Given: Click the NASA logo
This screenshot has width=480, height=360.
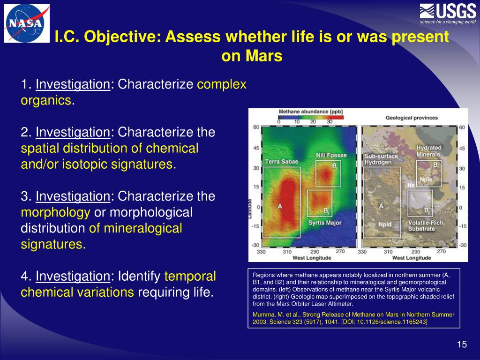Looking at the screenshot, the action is pyautogui.click(x=27, y=23).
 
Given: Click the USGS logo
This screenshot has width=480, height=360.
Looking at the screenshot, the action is pyautogui.click(x=448, y=14).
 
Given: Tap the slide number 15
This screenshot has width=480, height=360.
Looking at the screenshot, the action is pyautogui.click(x=462, y=345).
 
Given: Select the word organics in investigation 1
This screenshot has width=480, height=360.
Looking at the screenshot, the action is pyautogui.click(x=46, y=100).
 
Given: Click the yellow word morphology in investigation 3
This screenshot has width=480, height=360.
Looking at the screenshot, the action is pyautogui.click(x=55, y=212).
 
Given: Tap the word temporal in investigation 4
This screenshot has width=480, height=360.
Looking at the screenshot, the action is pyautogui.click(x=190, y=276).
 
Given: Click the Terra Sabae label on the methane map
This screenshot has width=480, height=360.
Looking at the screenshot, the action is pyautogui.click(x=282, y=162).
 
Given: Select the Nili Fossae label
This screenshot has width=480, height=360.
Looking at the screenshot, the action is pyautogui.click(x=331, y=155).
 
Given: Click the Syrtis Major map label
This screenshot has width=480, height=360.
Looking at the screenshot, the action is pyautogui.click(x=325, y=223).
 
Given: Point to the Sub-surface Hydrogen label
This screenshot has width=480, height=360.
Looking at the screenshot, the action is pyautogui.click(x=381, y=159).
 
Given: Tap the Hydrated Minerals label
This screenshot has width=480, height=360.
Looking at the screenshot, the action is pyautogui.click(x=428, y=151).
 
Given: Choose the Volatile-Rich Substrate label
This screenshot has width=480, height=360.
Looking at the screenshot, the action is pyautogui.click(x=426, y=225).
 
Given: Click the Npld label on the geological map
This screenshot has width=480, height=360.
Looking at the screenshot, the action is pyautogui.click(x=385, y=225).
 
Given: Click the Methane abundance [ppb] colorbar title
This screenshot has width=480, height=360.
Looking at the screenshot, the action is pyautogui.click(x=311, y=112).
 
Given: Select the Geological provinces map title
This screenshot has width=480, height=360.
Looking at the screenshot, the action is pyautogui.click(x=412, y=118).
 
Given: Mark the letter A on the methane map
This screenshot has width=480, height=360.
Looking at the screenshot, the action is pyautogui.click(x=280, y=206).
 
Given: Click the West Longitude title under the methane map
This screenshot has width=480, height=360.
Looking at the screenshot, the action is pyautogui.click(x=312, y=258).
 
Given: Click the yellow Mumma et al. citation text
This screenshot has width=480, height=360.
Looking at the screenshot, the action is pyautogui.click(x=353, y=318).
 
